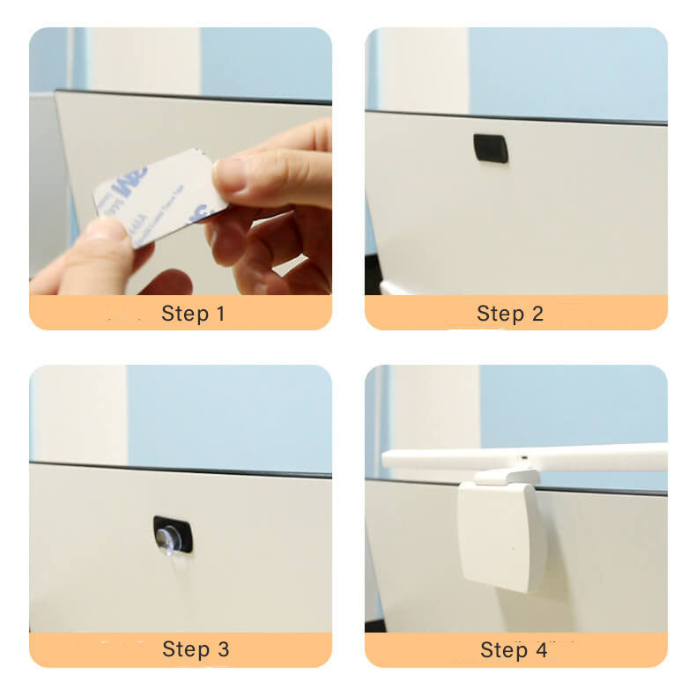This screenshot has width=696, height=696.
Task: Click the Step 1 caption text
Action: (x=193, y=314)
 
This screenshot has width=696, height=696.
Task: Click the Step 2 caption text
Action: (x=510, y=314)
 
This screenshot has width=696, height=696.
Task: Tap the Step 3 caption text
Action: (x=196, y=649)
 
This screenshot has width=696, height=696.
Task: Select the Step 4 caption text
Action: (x=514, y=650)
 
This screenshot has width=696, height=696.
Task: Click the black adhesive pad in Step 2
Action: (x=491, y=148)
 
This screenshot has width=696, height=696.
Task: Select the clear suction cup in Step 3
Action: (x=168, y=537)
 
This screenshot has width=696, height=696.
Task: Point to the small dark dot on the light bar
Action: (x=523, y=459)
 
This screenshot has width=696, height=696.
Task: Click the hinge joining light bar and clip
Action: (x=506, y=477)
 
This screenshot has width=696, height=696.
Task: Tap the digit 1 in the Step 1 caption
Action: (x=219, y=314)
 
